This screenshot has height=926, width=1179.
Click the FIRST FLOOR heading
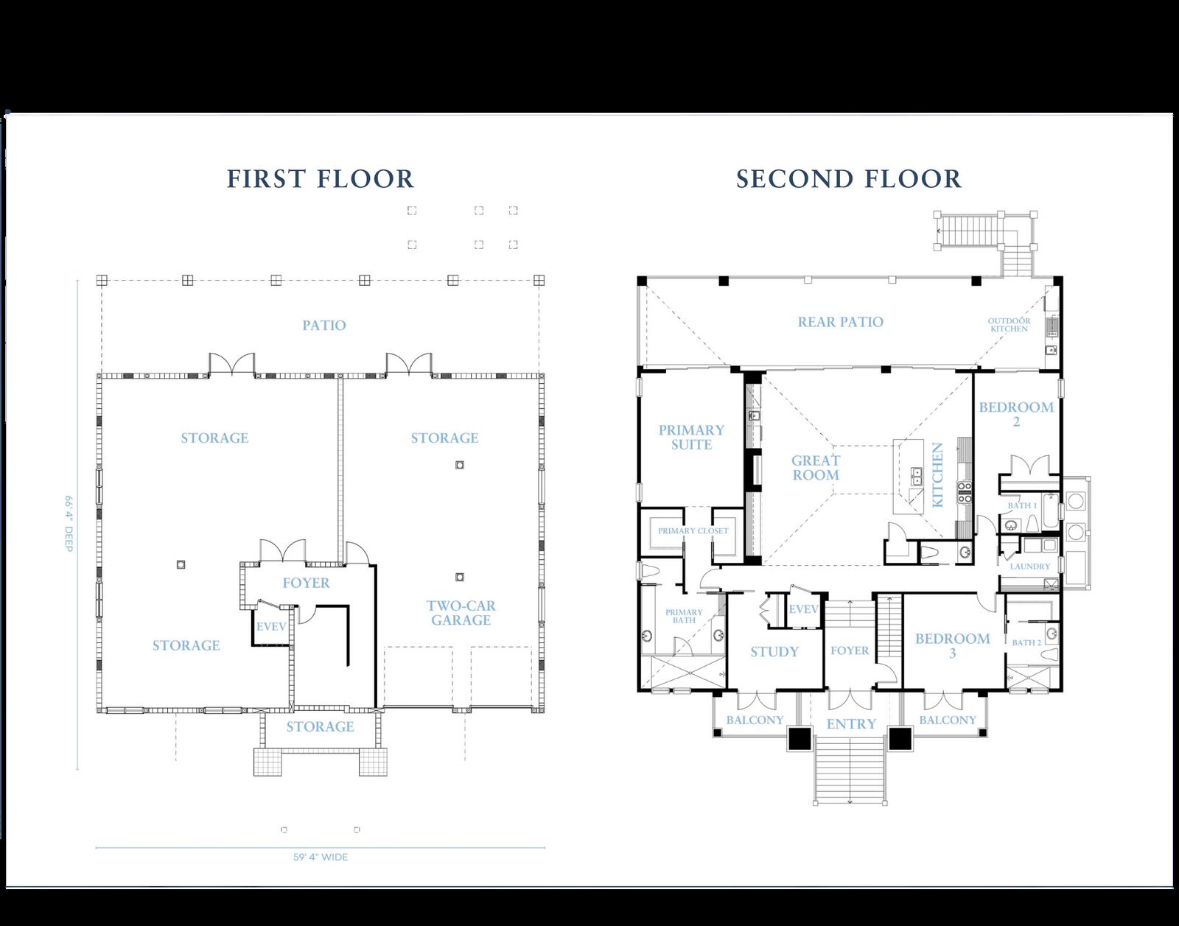pyautogui.click(x=320, y=179)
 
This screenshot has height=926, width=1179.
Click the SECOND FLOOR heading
pyautogui.click(x=849, y=179)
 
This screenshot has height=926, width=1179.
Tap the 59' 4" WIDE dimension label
pyautogui.click(x=321, y=857)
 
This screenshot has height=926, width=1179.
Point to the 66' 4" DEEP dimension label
pyautogui.click(x=69, y=523)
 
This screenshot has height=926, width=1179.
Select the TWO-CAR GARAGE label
pyautogui.click(x=461, y=613)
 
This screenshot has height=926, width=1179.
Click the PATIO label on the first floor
pyautogui.click(x=324, y=326)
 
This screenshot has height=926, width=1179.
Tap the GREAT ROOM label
pyautogui.click(x=816, y=468)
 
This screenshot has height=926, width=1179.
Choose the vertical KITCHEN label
pyautogui.click(x=937, y=475)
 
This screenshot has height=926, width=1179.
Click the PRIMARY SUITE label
pyautogui.click(x=692, y=438)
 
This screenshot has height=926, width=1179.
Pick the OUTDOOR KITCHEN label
pyautogui.click(x=1010, y=325)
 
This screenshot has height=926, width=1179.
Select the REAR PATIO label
pyautogui.click(x=841, y=322)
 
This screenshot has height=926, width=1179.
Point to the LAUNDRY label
pyautogui.click(x=1030, y=567)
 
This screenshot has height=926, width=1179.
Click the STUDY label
pyautogui.click(x=774, y=652)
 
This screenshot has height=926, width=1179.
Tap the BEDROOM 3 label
pyautogui.click(x=953, y=646)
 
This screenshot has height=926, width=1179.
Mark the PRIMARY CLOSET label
pyautogui.click(x=693, y=530)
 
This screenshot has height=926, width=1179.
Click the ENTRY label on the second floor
pyautogui.click(x=851, y=723)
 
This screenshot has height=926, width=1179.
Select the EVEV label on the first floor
pyautogui.click(x=271, y=627)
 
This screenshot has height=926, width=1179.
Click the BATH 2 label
pyautogui.click(x=1026, y=642)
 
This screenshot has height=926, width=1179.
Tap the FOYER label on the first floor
pyautogui.click(x=306, y=583)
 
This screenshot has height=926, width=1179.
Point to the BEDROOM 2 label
pyautogui.click(x=1016, y=414)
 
